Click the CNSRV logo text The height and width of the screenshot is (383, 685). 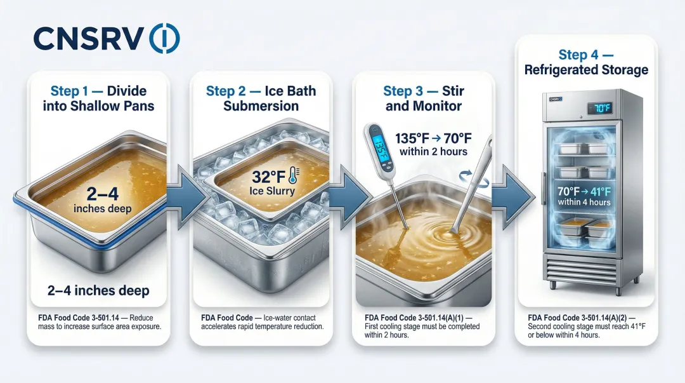click(x=88, y=39)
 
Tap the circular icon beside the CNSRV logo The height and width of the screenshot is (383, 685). click(x=164, y=39)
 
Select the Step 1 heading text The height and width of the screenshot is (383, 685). click(x=98, y=98)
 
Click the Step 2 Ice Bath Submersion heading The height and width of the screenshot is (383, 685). click(x=261, y=98)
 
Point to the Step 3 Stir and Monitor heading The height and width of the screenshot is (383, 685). click(x=424, y=98)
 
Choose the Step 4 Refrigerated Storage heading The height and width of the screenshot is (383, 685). click(x=586, y=62)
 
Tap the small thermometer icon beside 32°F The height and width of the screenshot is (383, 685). click(x=292, y=176)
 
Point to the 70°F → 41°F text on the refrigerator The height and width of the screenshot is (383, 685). click(x=584, y=191)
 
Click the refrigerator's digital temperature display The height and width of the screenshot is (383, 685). click(x=602, y=108)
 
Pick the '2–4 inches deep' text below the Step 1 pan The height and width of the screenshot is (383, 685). click(x=98, y=291)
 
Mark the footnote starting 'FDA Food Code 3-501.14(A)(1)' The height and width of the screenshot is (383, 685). click(x=423, y=326)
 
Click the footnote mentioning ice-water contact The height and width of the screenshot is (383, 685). click(x=262, y=322)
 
